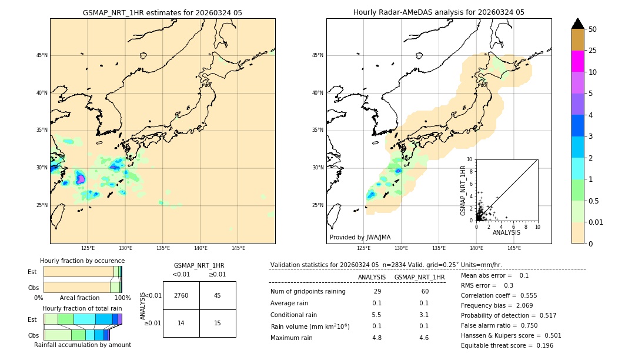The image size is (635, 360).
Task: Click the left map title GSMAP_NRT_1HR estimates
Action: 162,12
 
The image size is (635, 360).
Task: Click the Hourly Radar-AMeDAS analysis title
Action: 439,12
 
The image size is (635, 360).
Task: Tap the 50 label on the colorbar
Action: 593,29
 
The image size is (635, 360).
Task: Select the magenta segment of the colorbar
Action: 577,61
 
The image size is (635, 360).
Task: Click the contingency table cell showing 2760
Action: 181,295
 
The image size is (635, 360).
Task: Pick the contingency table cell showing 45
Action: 217,295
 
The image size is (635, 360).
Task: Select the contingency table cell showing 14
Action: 181,323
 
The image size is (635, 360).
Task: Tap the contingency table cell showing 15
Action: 217,323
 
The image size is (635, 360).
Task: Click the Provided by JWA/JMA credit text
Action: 360,237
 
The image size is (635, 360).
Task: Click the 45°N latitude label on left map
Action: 42,55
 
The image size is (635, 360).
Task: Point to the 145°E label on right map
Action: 514,248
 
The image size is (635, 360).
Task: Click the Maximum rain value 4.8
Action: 377,338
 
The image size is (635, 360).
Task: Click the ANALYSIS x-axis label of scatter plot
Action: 506,232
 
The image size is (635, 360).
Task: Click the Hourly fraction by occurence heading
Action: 82,261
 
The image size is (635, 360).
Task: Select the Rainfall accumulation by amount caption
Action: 82,345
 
